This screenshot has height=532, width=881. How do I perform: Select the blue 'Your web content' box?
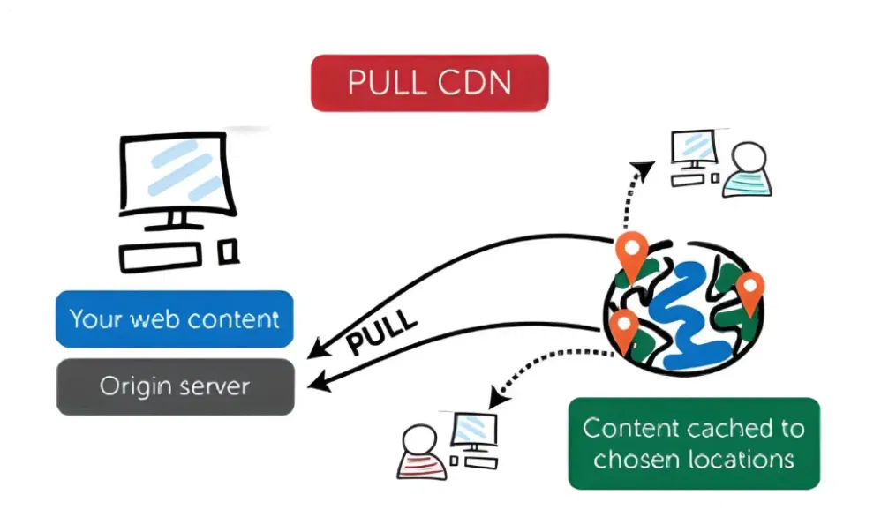click(x=174, y=318)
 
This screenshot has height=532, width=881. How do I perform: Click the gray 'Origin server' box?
click(x=174, y=386)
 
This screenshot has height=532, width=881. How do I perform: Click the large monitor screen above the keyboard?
click(x=177, y=175)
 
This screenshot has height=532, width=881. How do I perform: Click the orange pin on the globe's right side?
click(x=749, y=290)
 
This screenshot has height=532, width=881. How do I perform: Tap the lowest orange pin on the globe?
click(x=624, y=328)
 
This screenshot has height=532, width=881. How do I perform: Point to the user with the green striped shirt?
click(x=748, y=171)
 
